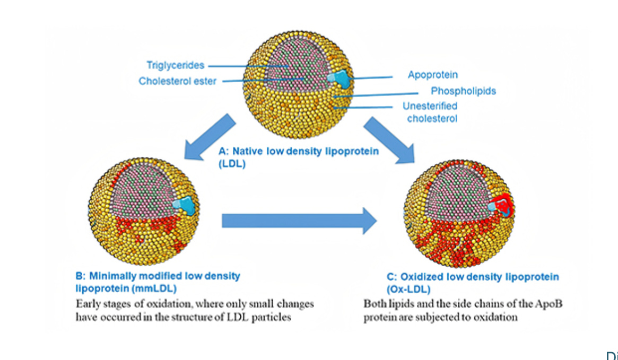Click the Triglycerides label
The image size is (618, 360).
pyautogui.click(x=175, y=65)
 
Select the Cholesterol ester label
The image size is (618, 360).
pyautogui.click(x=177, y=81)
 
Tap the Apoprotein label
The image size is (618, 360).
pyautogui.click(x=432, y=75)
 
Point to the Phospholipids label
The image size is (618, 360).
pyautogui.click(x=463, y=91)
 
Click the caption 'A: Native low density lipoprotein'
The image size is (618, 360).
pyautogui.click(x=299, y=151)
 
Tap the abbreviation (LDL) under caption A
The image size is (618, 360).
pyautogui.click(x=230, y=164)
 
